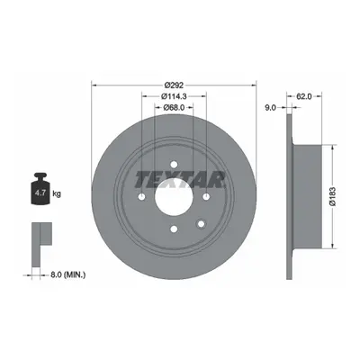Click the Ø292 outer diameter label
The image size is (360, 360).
(174, 85)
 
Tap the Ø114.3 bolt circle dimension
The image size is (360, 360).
(174, 96)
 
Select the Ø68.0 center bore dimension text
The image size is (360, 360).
(174, 107)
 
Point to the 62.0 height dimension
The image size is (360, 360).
(304, 96)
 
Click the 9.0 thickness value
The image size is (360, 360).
(270, 108)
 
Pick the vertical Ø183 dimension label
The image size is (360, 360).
(332, 196)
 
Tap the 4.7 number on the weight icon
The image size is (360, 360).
(40, 193)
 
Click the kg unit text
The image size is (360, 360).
(57, 193)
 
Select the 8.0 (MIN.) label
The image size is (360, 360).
(67, 274)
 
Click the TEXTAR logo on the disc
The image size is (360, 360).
(180, 180)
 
